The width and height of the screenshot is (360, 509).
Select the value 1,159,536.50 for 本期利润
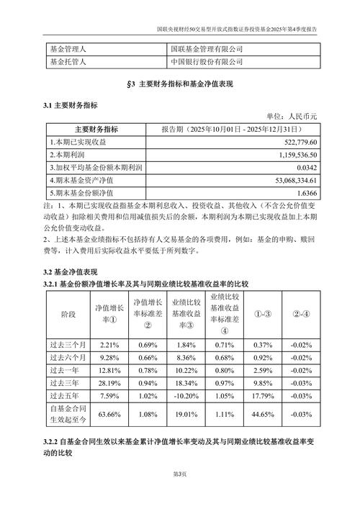pos(305,154)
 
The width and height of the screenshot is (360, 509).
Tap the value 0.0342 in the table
pos(318,166)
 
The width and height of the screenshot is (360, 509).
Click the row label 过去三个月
pos(68,345)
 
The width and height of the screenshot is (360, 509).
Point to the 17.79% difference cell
pos(262,394)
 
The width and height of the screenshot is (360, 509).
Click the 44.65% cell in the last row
pos(262,413)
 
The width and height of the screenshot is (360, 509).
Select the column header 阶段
pos(68,315)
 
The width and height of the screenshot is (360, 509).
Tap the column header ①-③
pos(262,315)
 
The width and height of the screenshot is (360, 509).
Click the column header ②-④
pos(302,315)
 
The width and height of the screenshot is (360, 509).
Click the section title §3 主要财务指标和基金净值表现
pos(180,84)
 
